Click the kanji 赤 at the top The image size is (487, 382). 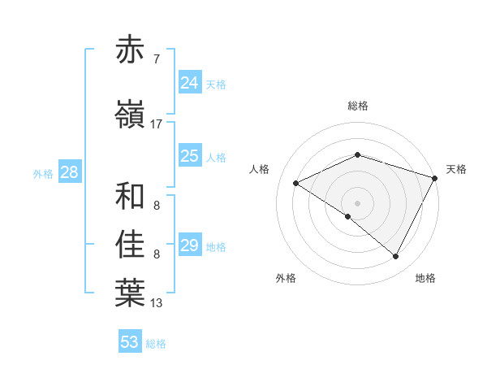[x=131, y=50]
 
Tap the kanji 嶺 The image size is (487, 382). [x=131, y=116]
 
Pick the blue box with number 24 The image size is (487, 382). [x=190, y=82]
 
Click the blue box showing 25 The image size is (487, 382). [x=190, y=156]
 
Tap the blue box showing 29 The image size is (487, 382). [x=190, y=245]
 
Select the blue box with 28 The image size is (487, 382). [x=68, y=172]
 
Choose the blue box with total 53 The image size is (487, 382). [x=130, y=342]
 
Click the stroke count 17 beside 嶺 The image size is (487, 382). [x=156, y=124]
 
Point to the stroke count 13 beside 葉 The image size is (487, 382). [x=156, y=302]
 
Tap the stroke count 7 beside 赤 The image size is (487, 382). [x=156, y=59]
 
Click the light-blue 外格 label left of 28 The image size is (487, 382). [x=43, y=174]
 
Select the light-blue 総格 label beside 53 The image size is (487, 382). [x=156, y=344]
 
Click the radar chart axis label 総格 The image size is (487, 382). [x=358, y=106]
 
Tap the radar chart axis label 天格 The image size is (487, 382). [x=456, y=169]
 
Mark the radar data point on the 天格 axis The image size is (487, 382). [x=435, y=178]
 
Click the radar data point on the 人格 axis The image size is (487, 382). [x=296, y=184]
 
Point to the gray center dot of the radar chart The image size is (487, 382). [x=357, y=202]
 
